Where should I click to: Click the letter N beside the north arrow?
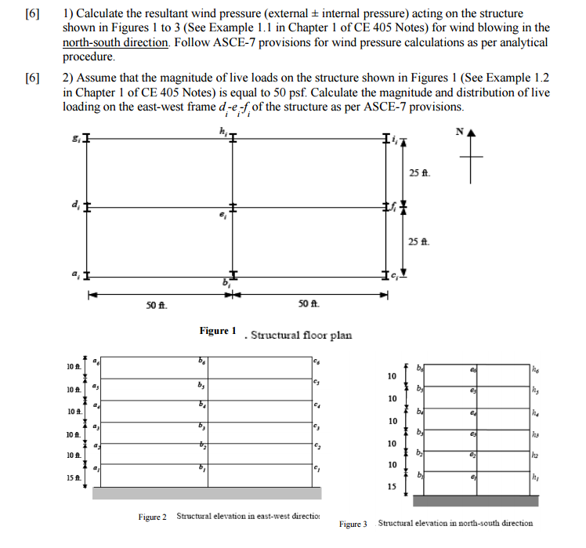[x=461, y=132]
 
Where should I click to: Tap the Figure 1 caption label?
[x=217, y=331]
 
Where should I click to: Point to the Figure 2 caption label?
[x=153, y=517]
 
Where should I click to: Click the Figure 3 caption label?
[x=353, y=523]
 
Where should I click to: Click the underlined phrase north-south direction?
[x=115, y=42]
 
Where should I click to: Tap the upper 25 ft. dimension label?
[x=420, y=172]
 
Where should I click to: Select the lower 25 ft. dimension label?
[x=420, y=241]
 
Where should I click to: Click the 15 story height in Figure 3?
[x=392, y=486]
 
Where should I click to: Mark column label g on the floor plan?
[x=75, y=140]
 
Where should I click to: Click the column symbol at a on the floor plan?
[x=87, y=277]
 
